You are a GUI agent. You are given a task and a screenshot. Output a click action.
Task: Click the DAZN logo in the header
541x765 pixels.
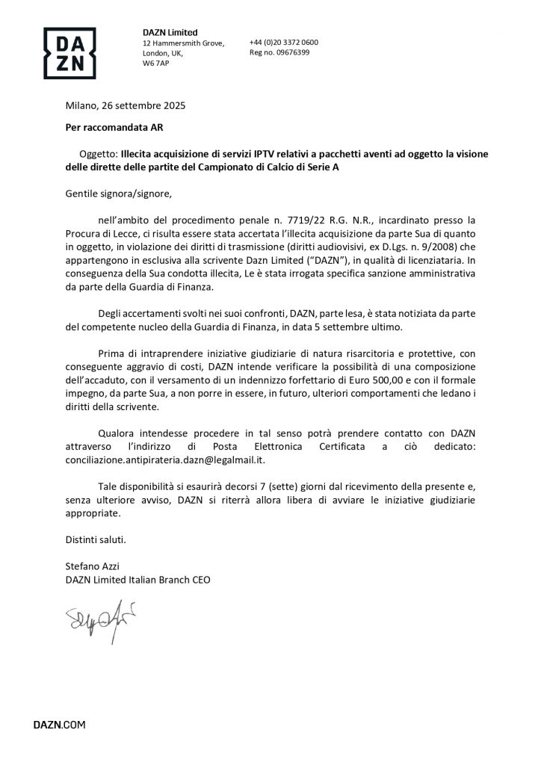pos(69,53)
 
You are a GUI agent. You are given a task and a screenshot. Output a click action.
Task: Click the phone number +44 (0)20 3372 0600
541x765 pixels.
pos(283,43)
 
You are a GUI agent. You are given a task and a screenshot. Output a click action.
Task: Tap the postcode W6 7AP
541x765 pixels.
pos(155,64)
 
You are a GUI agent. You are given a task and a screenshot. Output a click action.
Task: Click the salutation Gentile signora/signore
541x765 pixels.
pos(118,193)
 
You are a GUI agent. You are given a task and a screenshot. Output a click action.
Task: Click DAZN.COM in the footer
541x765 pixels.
pos(59,725)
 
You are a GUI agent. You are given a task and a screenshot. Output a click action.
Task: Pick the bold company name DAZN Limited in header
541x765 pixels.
pos(170,32)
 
